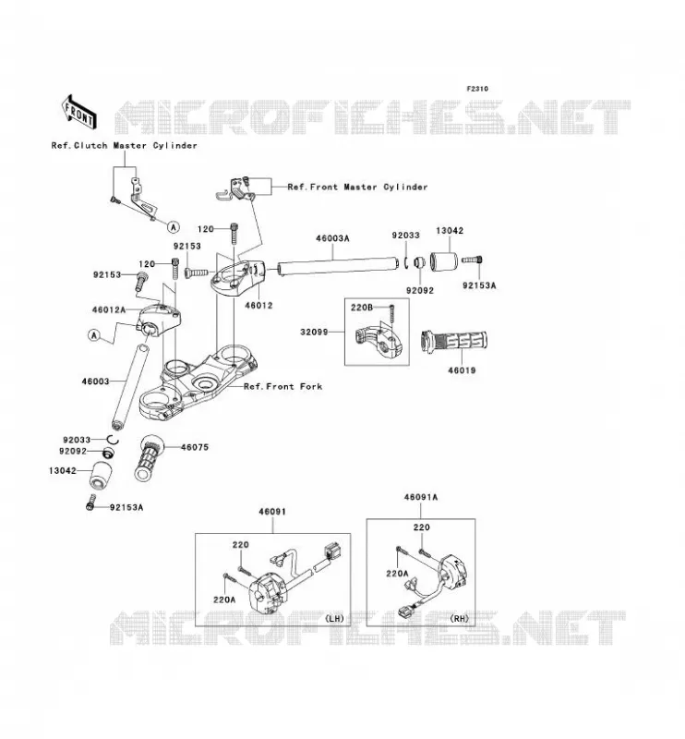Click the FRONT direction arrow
pyautogui.click(x=79, y=112)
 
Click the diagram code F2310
pyautogui.click(x=477, y=89)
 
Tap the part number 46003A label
pyautogui.click(x=332, y=238)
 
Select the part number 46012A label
pyautogui.click(x=109, y=309)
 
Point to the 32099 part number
pyautogui.click(x=314, y=332)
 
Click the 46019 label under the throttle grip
pyautogui.click(x=462, y=370)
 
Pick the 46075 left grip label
pyautogui.click(x=195, y=447)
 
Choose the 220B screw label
pyautogui.click(x=361, y=308)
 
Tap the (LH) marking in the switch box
pyautogui.click(x=334, y=618)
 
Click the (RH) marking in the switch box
pyautogui.click(x=460, y=618)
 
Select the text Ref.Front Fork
pyautogui.click(x=282, y=386)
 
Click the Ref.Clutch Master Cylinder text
pyautogui.click(x=124, y=146)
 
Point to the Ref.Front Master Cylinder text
pyautogui.click(x=357, y=188)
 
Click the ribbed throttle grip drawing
pyautogui.click(x=453, y=341)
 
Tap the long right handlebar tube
pyautogui.click(x=337, y=265)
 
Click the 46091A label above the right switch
pyautogui.click(x=421, y=497)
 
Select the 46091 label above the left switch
pyautogui.click(x=272, y=512)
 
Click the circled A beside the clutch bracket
pyautogui.click(x=174, y=227)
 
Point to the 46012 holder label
pyautogui.click(x=258, y=305)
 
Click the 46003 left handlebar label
pyautogui.click(x=95, y=382)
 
